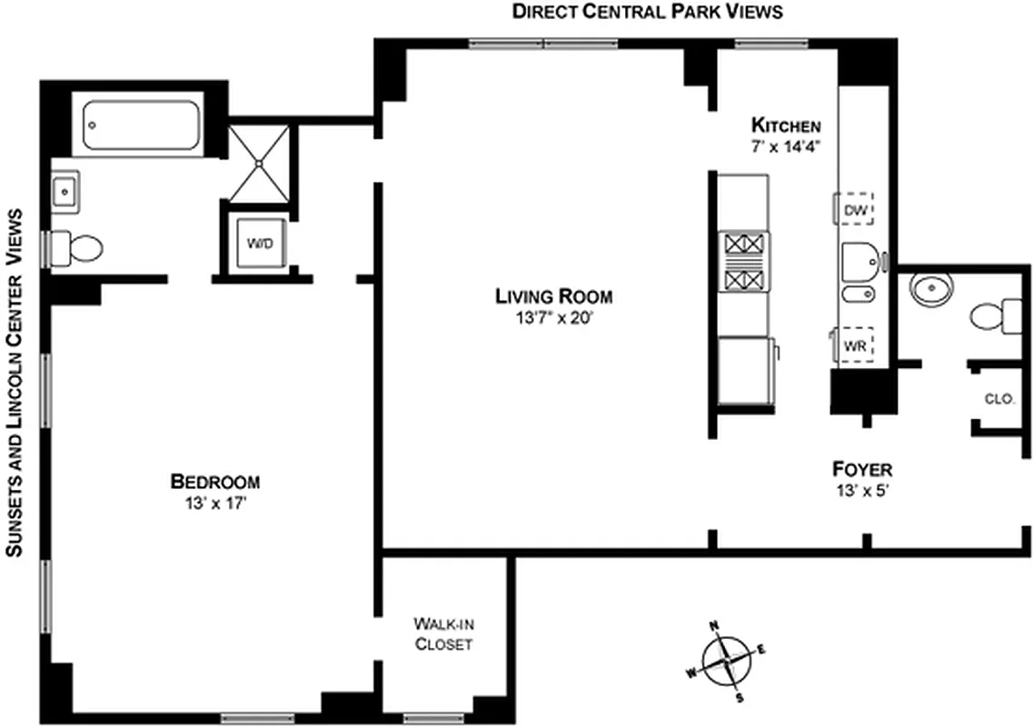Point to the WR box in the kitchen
(854, 344)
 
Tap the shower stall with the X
(259, 164)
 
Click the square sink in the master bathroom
(65, 192)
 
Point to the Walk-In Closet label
(443, 633)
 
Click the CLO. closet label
(998, 399)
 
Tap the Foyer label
(862, 470)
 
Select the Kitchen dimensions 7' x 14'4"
(785, 146)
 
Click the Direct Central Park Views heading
(647, 12)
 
